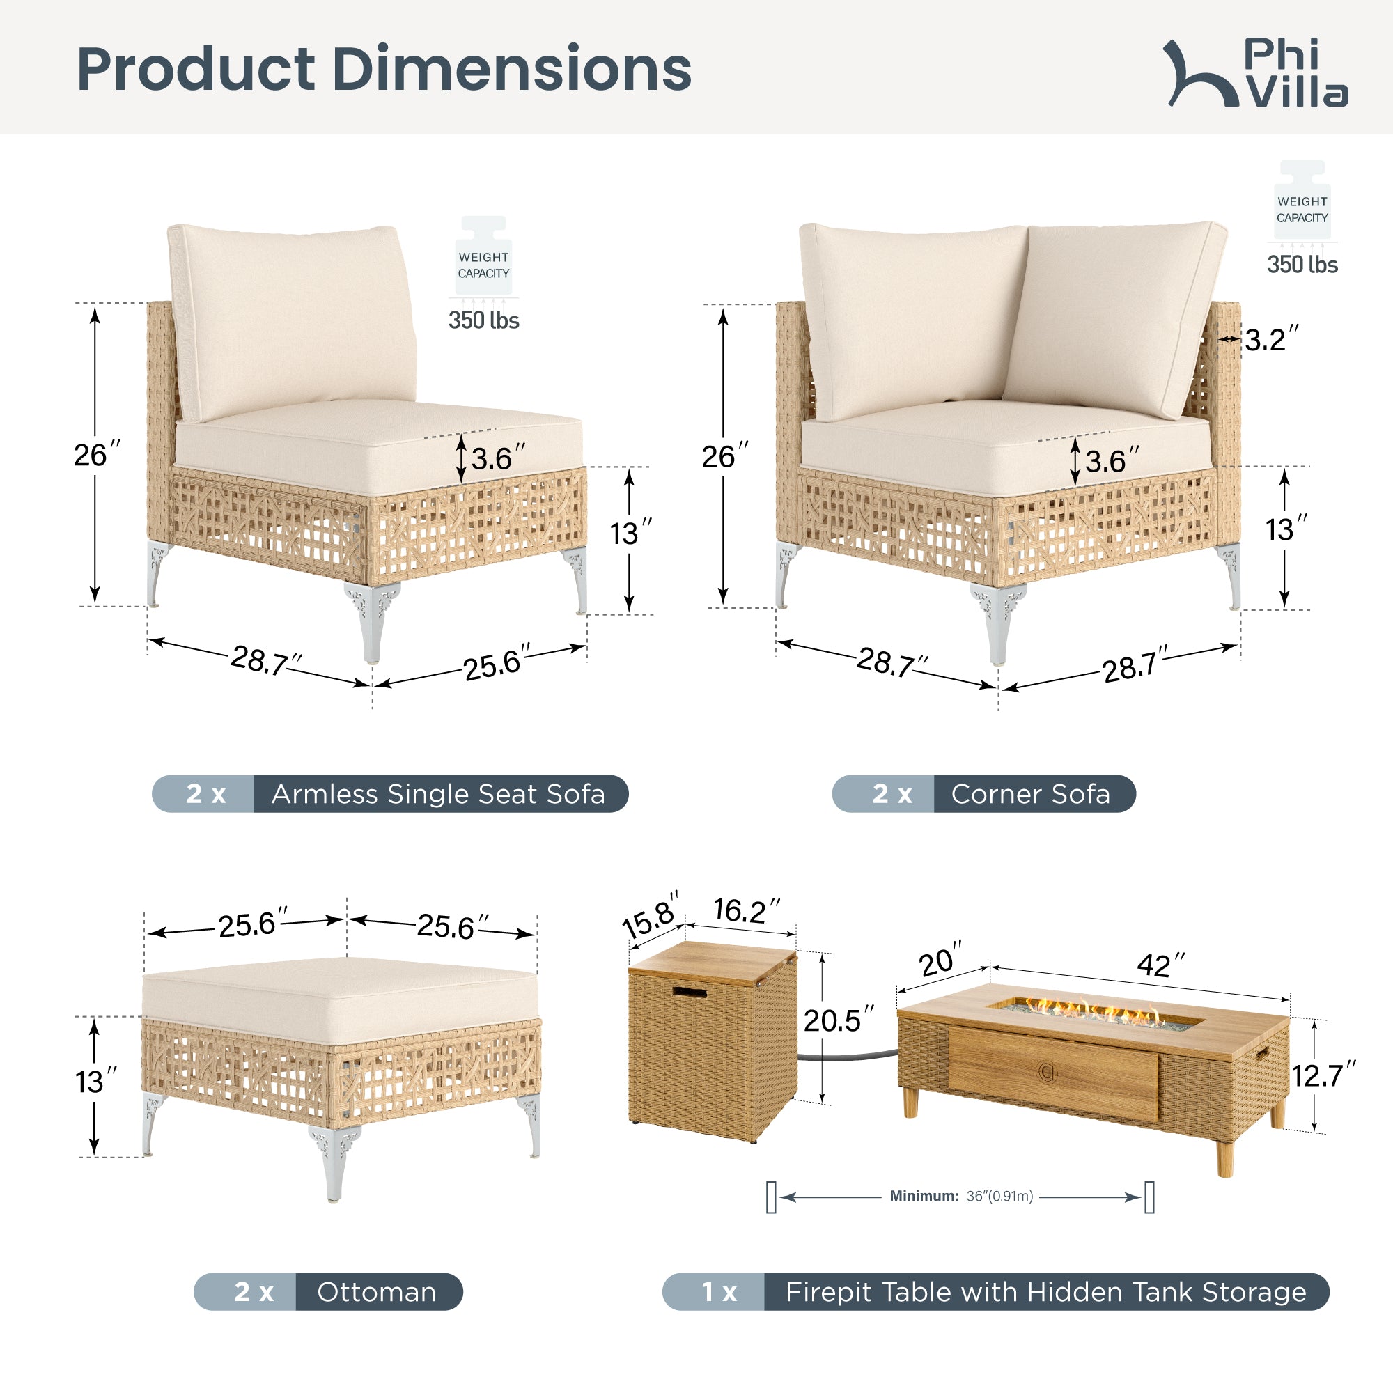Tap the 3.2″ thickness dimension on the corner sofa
[1271, 340]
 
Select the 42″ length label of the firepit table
[1162, 965]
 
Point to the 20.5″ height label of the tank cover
[839, 1020]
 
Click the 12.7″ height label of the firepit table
[1324, 1076]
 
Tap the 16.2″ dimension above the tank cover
[747, 910]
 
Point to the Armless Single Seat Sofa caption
[438, 794]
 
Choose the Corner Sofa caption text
[1030, 794]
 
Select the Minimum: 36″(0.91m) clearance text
[961, 1196]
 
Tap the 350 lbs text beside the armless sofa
[484, 320]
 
